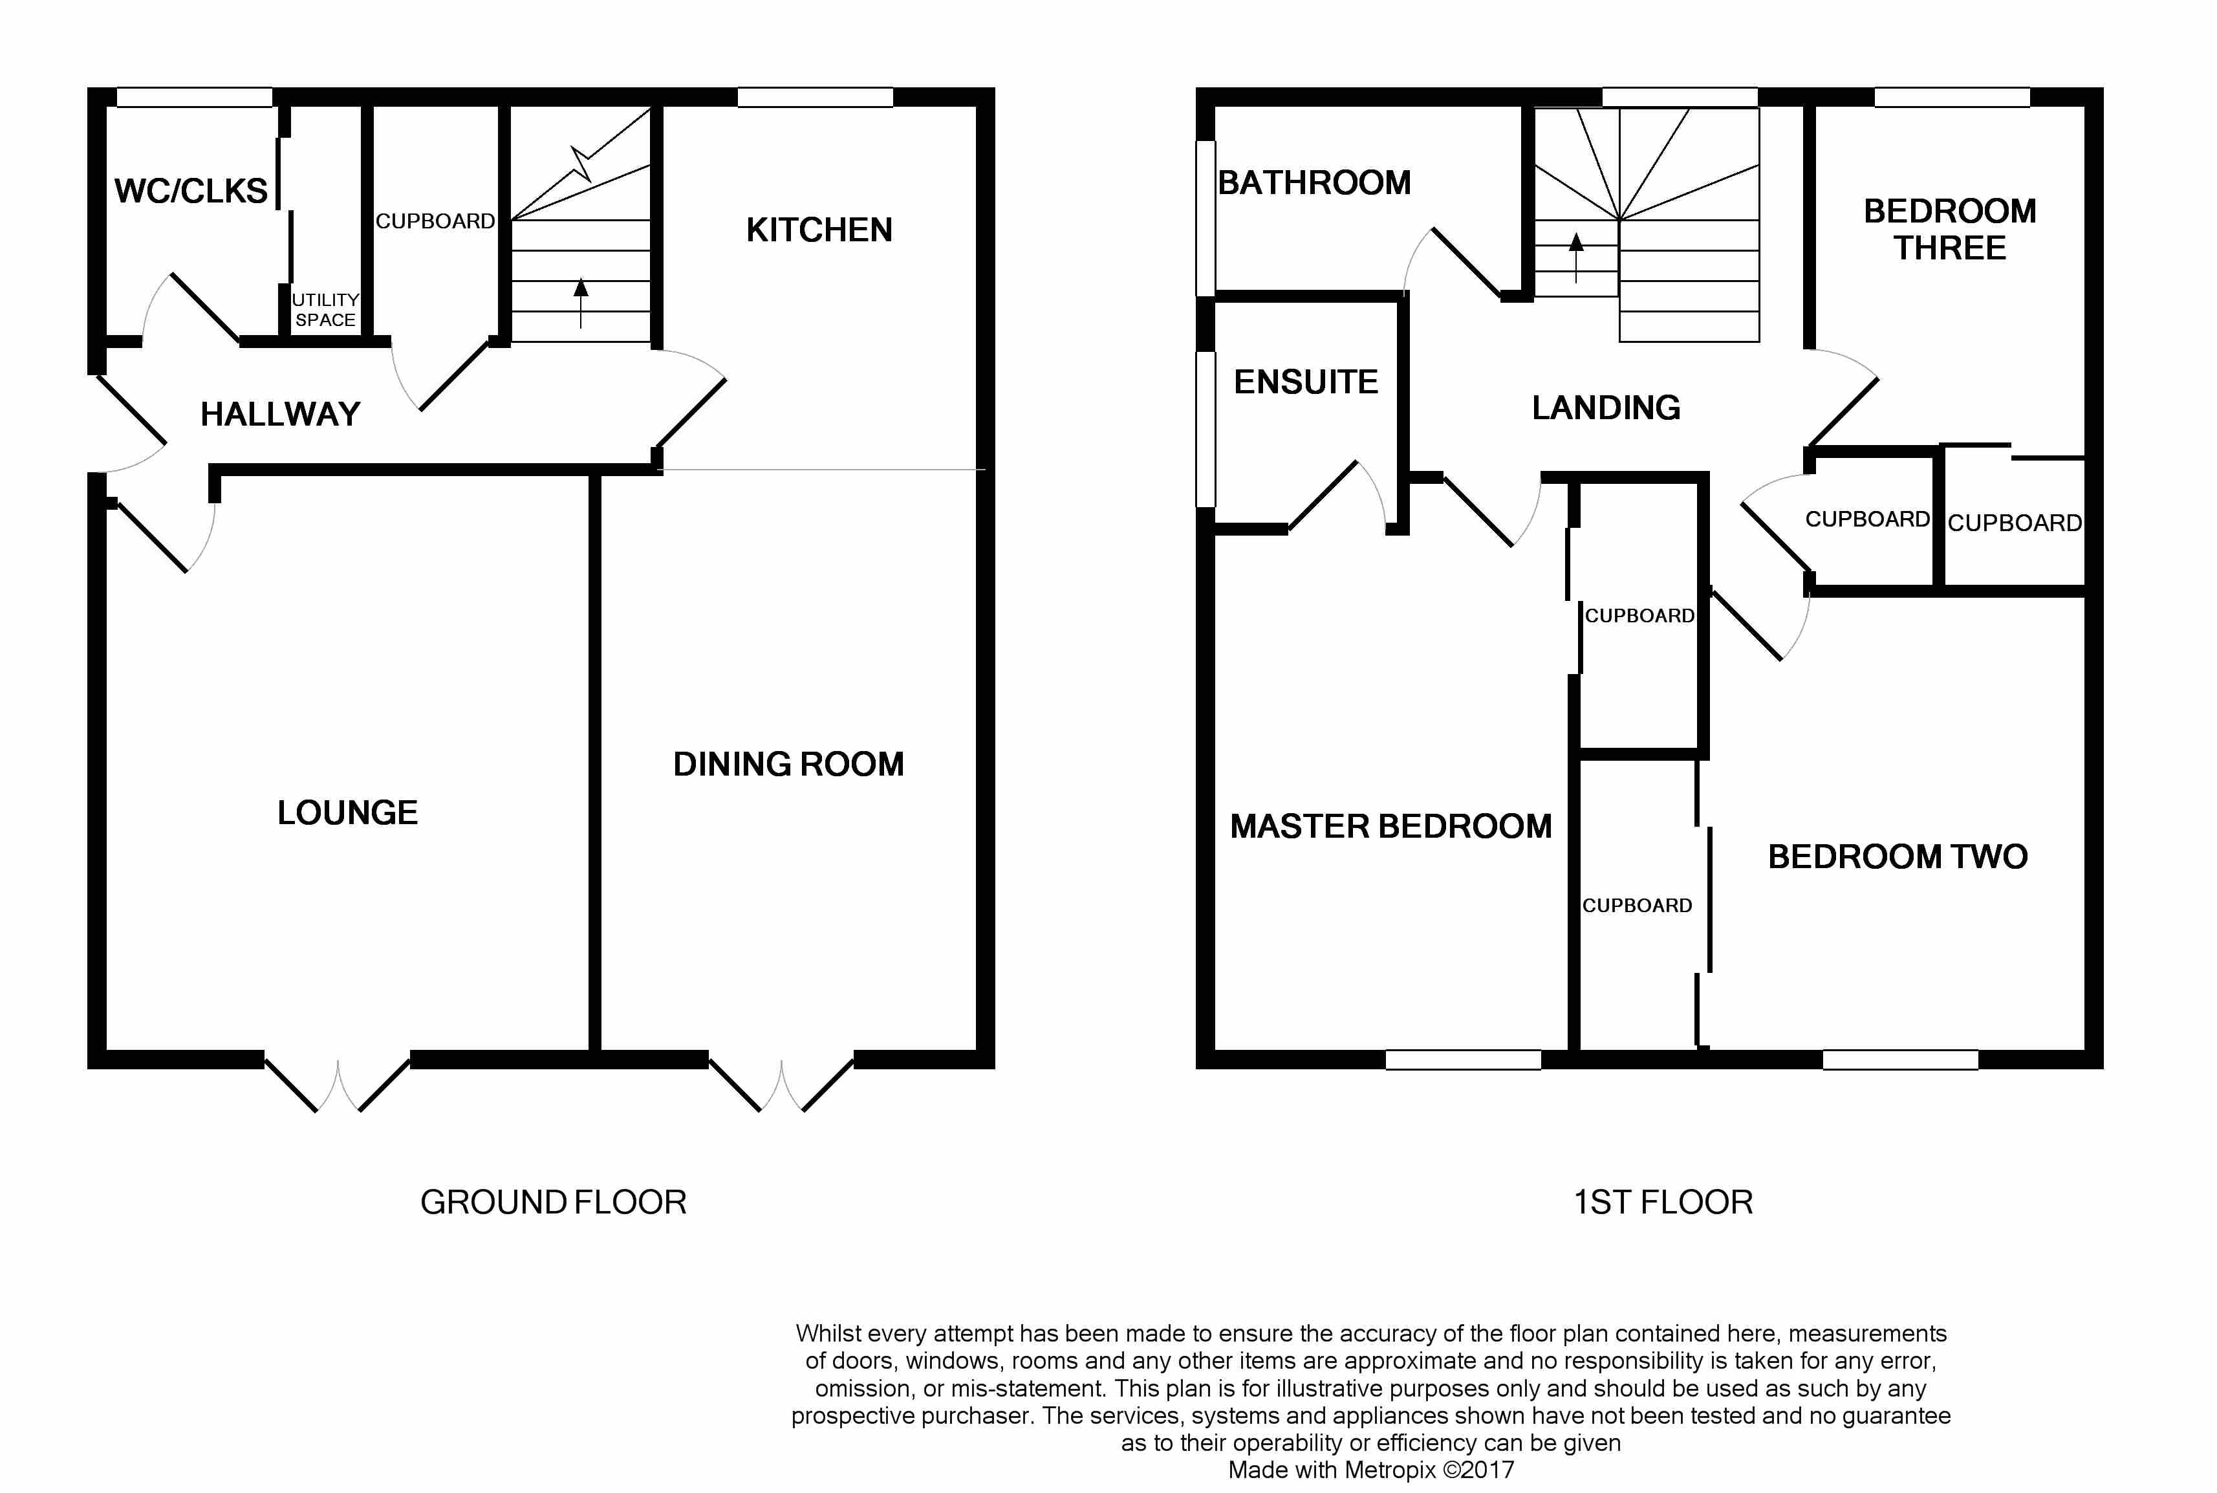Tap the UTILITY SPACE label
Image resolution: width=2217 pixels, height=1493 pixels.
325,309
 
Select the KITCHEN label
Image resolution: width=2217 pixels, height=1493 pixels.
819,230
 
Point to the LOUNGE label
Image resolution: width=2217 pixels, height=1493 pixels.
347,812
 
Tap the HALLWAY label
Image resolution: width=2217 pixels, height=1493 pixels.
280,414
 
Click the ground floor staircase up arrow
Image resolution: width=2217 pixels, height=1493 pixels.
581,302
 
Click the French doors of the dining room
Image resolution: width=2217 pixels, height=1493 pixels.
781,1085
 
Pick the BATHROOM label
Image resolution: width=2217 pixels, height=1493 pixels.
1314,183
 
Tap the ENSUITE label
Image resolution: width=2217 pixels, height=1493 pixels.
1305,382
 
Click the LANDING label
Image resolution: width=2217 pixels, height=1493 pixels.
1605,408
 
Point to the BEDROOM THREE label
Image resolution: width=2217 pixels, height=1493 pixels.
1949,230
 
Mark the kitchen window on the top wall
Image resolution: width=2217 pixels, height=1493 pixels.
815,97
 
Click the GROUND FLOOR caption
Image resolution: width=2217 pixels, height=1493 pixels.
553,1202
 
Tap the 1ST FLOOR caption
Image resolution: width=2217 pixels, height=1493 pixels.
1662,1202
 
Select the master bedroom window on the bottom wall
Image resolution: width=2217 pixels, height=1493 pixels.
1462,1060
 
